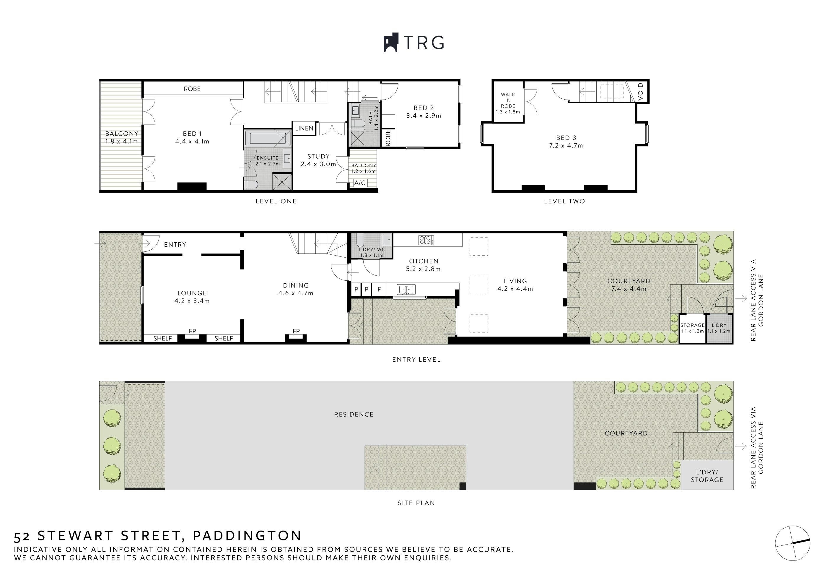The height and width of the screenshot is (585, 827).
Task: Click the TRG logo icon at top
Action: (x=391, y=43)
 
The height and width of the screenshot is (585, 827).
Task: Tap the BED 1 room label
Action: (x=192, y=134)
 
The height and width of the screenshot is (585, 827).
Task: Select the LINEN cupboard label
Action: (x=304, y=128)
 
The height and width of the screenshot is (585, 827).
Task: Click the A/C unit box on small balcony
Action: (x=360, y=183)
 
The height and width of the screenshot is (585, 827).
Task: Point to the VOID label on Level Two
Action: (x=640, y=92)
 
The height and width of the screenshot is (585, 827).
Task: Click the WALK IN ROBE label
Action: (x=508, y=100)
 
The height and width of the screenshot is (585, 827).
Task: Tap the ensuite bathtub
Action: (x=268, y=139)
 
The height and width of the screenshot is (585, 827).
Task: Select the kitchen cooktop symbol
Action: (x=426, y=240)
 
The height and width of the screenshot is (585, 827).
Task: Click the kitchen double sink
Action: (x=406, y=289)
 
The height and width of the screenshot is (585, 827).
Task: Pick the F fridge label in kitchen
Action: (x=379, y=289)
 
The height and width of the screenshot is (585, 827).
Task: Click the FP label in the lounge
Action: (x=192, y=331)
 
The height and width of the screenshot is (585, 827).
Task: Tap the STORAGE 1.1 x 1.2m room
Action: (x=692, y=328)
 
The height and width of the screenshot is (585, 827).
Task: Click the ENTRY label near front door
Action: (x=175, y=245)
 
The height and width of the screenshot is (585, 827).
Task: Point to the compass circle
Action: (x=792, y=543)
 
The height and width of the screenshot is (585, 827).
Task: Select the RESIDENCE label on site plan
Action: (x=354, y=415)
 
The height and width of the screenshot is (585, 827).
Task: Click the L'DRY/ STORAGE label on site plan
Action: (x=707, y=476)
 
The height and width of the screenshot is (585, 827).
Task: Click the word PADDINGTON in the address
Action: (x=247, y=536)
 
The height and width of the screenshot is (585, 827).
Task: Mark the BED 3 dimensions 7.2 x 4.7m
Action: (x=566, y=146)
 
